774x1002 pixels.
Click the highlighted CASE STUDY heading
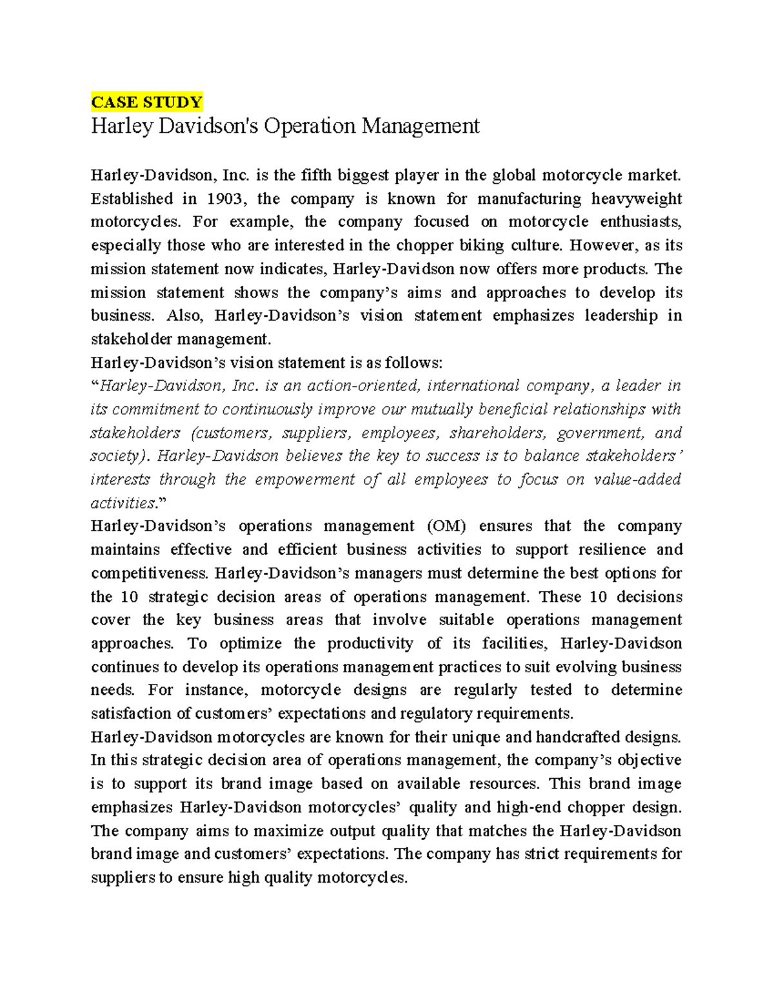pyautogui.click(x=146, y=102)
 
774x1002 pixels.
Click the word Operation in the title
pyautogui.click(x=309, y=125)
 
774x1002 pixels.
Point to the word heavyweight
pyautogui.click(x=636, y=199)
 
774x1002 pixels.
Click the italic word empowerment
pyautogui.click(x=304, y=479)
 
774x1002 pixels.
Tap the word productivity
pyautogui.click(x=370, y=643)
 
